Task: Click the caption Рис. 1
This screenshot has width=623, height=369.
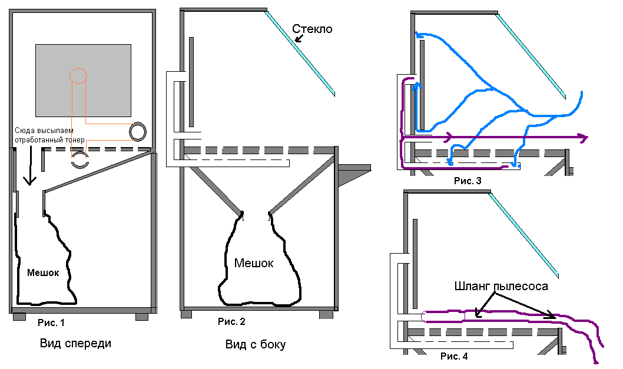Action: (x=51, y=323)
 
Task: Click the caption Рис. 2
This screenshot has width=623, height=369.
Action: (x=231, y=321)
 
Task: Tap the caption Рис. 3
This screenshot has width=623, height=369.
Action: (x=468, y=181)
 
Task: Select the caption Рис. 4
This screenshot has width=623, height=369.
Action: (x=454, y=356)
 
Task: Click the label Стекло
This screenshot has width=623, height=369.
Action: (x=312, y=29)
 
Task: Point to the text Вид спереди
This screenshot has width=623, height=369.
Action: (x=75, y=343)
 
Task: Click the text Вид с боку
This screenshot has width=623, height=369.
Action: (x=256, y=344)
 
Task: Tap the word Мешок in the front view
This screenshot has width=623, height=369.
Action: (x=43, y=272)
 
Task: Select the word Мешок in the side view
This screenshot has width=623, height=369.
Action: (x=253, y=263)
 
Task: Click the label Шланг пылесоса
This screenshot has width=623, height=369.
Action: (x=501, y=286)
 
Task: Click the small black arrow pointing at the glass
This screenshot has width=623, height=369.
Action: (x=299, y=38)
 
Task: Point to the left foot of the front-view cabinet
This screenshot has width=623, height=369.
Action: (x=19, y=317)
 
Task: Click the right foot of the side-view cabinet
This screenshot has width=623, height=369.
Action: (x=326, y=315)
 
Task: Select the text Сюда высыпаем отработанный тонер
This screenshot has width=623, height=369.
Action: (x=49, y=135)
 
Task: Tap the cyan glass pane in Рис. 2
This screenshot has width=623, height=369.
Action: (x=300, y=54)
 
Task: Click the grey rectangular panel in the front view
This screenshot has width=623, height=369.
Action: (x=84, y=81)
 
